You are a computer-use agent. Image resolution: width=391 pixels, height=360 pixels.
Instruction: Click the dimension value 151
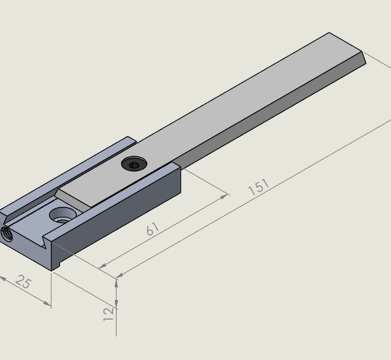point(259,187)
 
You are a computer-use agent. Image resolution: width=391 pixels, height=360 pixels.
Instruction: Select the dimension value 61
point(152,229)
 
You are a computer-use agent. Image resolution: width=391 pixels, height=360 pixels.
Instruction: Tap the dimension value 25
point(23,282)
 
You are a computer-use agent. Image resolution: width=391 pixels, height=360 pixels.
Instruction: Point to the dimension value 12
point(108,314)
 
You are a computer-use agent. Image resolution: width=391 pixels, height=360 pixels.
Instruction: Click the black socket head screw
point(134,163)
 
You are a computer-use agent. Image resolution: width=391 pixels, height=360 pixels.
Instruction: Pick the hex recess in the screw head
point(134,165)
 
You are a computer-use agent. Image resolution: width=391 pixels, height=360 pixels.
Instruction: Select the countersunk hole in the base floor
point(63,215)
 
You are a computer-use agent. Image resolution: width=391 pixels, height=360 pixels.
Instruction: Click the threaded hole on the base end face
point(7,234)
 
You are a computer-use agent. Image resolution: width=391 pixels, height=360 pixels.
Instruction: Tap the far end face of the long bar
point(364,59)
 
